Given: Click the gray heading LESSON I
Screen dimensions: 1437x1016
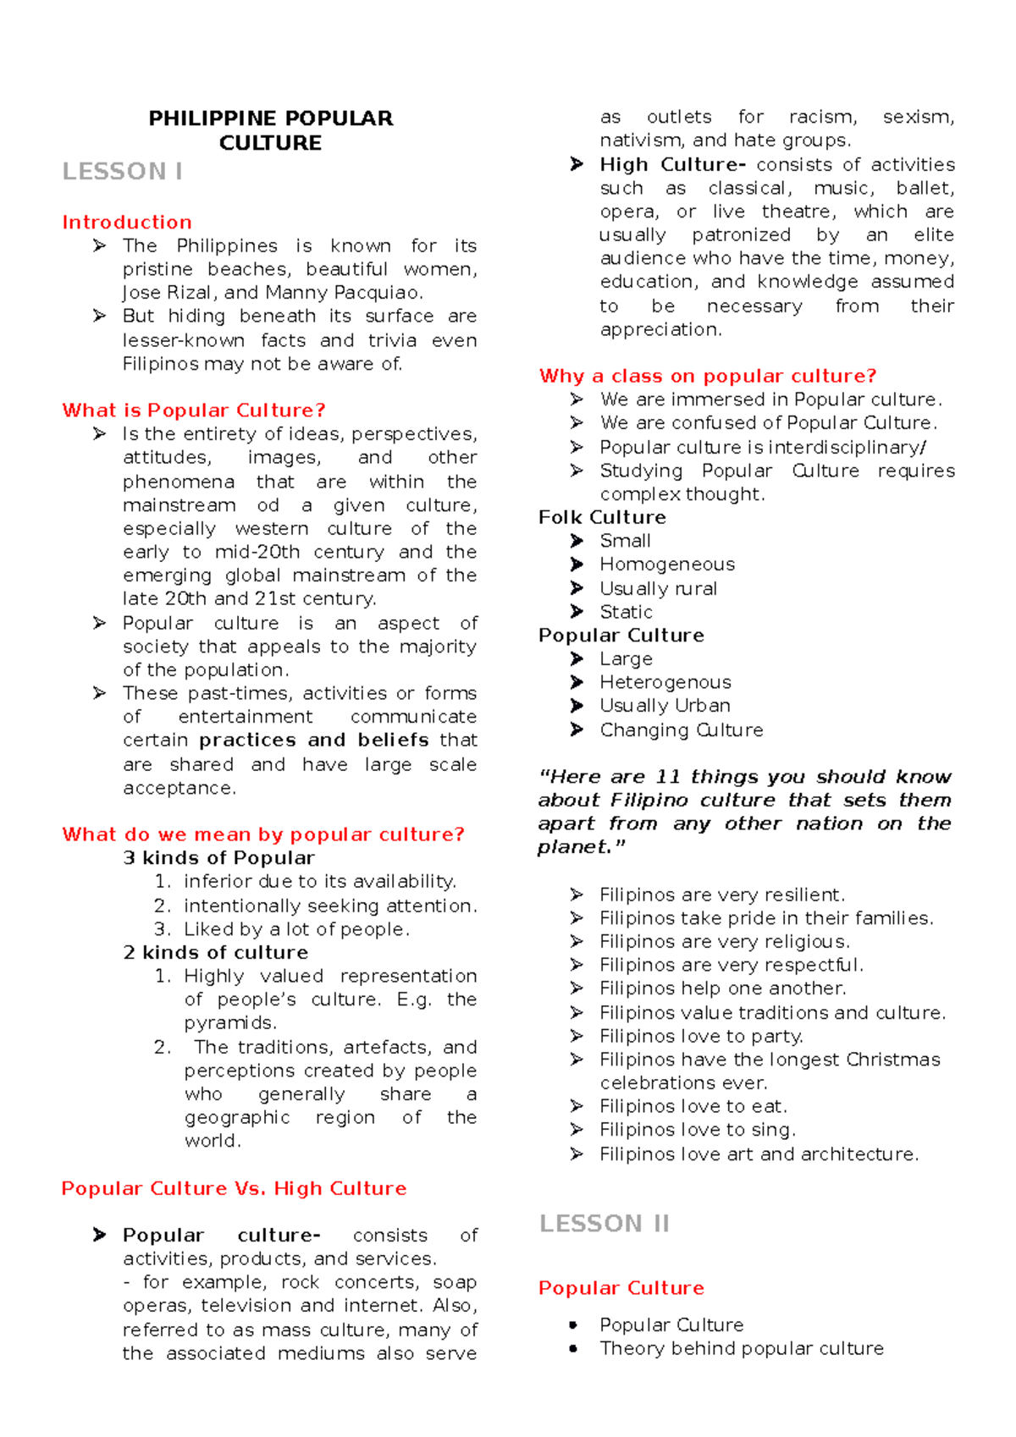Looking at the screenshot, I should [122, 172].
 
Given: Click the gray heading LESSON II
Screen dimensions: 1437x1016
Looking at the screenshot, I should [604, 1224].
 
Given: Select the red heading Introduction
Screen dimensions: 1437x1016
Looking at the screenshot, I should [127, 223].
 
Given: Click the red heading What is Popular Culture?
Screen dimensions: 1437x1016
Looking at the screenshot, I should [193, 410].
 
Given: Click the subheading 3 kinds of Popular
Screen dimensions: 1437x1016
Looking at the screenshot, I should [218, 858].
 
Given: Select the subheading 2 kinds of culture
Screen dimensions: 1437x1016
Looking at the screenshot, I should [215, 953].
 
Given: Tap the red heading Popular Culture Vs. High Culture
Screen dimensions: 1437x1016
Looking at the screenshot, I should [234, 1189].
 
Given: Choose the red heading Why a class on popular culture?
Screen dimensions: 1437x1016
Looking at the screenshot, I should [707, 376].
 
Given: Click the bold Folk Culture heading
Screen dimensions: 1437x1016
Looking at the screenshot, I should [602, 518].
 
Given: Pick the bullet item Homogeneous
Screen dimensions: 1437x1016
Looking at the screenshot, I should [667, 564].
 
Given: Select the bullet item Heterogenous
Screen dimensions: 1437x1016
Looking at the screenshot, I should [665, 682].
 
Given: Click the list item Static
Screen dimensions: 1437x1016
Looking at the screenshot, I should [626, 612].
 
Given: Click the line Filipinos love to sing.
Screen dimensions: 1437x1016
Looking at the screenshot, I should [697, 1130].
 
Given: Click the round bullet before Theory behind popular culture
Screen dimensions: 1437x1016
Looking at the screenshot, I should [574, 1349].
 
